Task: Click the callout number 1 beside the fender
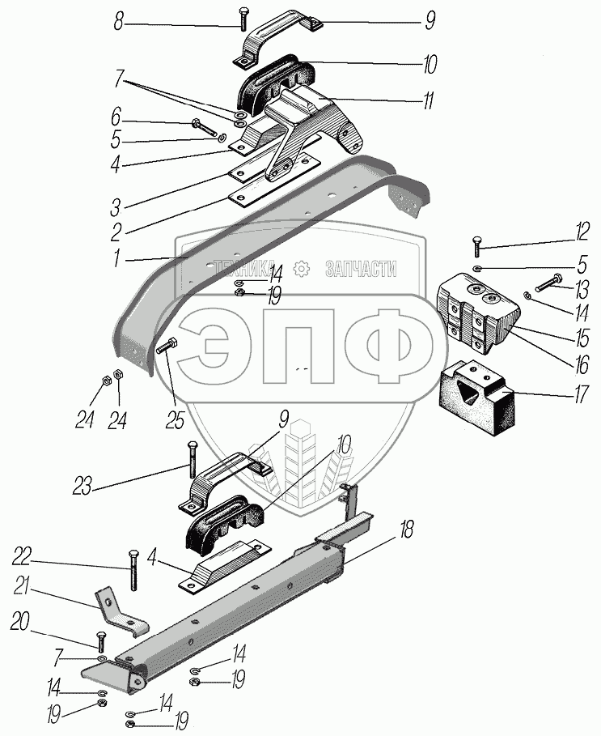click(x=119, y=261)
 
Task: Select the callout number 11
click(x=427, y=101)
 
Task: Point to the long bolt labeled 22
click(x=131, y=570)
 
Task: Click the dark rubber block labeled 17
click(x=476, y=397)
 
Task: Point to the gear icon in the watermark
click(x=302, y=269)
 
